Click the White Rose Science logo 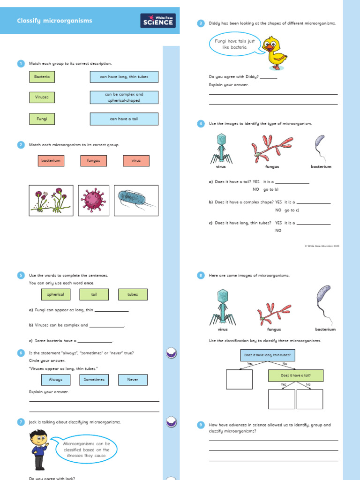pos(158,21)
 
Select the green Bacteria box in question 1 pos(42,76)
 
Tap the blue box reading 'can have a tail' pos(124,119)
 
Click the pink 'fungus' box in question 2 pos(94,161)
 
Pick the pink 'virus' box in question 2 pos(136,161)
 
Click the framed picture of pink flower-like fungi pos(51,200)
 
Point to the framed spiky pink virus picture pos(93,200)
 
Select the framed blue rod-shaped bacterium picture pos(136,200)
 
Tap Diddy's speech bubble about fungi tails pos(234,44)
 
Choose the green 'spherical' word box pos(56,294)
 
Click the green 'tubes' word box pos(133,294)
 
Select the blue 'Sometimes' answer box pos(94,380)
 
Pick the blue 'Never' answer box pos(133,380)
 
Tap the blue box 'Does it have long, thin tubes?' pos(268,355)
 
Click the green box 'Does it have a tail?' pos(296,375)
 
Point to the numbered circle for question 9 pos(201,425)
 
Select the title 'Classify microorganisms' pos(54,21)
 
